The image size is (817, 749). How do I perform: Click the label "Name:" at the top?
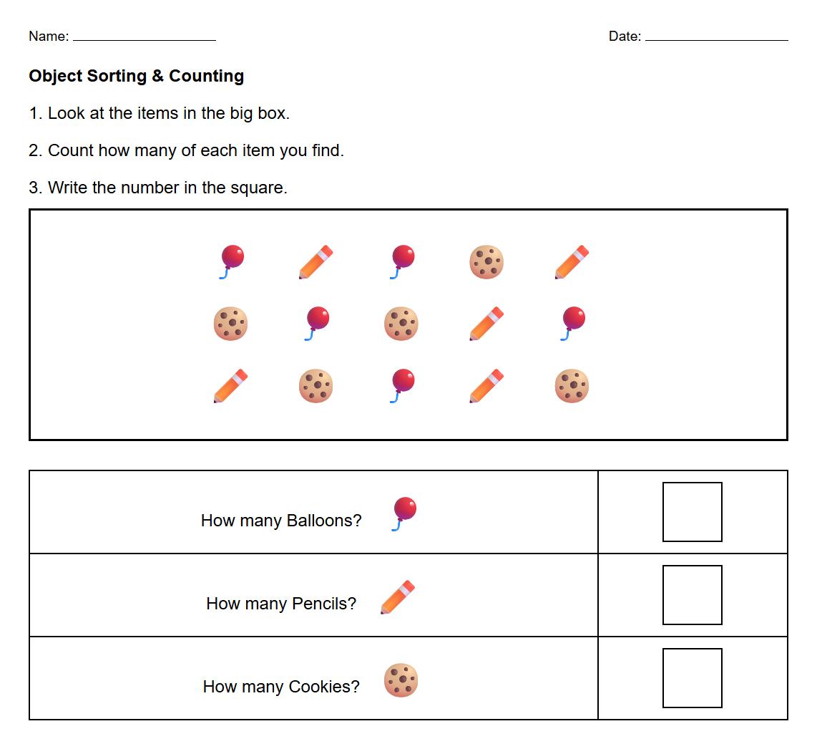pyautogui.click(x=49, y=37)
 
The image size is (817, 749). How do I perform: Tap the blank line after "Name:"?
pyautogui.click(x=144, y=39)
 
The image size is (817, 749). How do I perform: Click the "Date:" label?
pyautogui.click(x=625, y=37)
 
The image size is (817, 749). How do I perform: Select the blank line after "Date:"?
pyautogui.click(x=716, y=39)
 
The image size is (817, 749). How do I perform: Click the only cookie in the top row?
pyautogui.click(x=486, y=261)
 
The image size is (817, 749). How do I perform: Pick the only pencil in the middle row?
pyautogui.click(x=486, y=324)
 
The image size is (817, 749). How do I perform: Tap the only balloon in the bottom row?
pyautogui.click(x=402, y=386)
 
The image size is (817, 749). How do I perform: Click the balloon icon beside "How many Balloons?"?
pyautogui.click(x=404, y=513)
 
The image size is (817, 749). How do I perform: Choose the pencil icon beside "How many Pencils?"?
pyautogui.click(x=398, y=597)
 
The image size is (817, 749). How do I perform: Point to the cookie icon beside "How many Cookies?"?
pyautogui.click(x=401, y=680)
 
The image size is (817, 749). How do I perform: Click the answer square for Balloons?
pyautogui.click(x=692, y=512)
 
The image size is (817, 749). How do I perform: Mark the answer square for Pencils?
pyautogui.click(x=692, y=595)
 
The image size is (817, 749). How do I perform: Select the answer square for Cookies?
pyautogui.click(x=692, y=678)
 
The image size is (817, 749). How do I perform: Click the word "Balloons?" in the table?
pyautogui.click(x=324, y=521)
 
